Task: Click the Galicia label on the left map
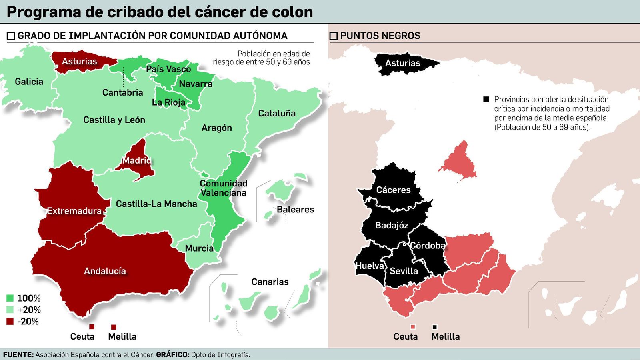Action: (x=29, y=82)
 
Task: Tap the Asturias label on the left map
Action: (x=79, y=61)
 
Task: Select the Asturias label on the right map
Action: (x=402, y=63)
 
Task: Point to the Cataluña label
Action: (x=277, y=113)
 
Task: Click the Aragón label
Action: (x=216, y=128)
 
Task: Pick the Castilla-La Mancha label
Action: (x=156, y=204)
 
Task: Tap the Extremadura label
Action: (x=74, y=211)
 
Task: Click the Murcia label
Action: (x=199, y=248)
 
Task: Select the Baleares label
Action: (x=295, y=209)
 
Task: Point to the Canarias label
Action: (x=270, y=282)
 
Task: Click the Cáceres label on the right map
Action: (x=393, y=190)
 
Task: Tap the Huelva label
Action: (x=370, y=266)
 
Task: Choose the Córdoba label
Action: (x=427, y=245)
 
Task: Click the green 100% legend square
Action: (x=10, y=298)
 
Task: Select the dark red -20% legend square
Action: (x=10, y=321)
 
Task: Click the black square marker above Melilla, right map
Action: (x=435, y=327)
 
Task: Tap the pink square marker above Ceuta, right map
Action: (x=413, y=327)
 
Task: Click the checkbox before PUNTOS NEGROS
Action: (x=334, y=36)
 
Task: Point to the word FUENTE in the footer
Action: (x=18, y=354)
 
